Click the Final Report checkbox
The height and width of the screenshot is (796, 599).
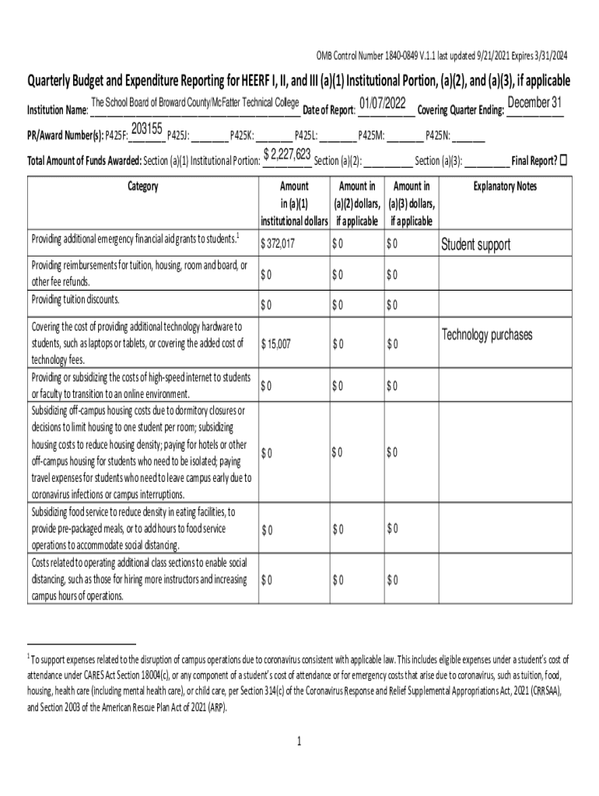[564, 160]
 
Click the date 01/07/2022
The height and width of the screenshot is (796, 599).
[383, 104]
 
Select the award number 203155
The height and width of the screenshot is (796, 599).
[147, 129]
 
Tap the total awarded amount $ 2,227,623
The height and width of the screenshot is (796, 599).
[288, 155]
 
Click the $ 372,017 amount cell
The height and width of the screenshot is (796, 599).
[278, 245]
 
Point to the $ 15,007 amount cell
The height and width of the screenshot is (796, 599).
[276, 344]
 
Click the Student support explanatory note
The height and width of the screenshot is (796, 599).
[476, 246]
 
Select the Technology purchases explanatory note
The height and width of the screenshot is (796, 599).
[487, 335]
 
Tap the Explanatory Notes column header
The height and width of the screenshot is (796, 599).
[505, 187]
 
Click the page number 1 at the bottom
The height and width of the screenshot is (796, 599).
[299, 741]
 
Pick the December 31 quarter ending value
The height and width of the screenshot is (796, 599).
[534, 103]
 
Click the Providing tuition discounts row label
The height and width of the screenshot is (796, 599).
[75, 300]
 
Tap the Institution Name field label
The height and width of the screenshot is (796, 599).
[58, 110]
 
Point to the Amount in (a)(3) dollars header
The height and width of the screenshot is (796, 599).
[412, 204]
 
